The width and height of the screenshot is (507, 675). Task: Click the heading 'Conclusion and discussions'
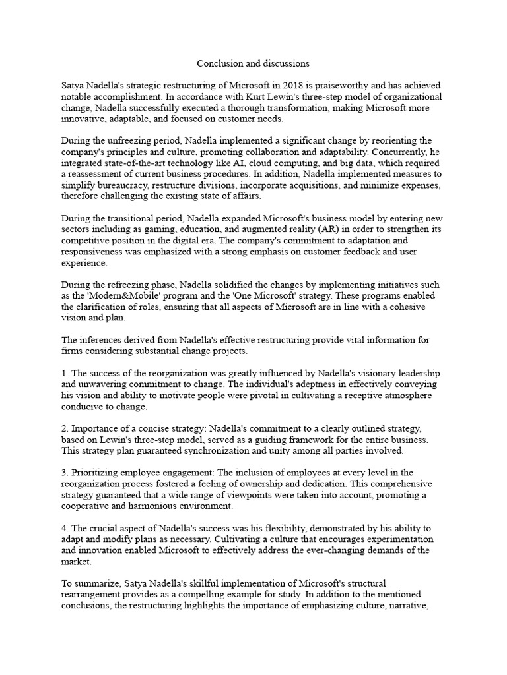(x=253, y=64)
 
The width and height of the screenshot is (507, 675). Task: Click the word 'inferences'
(x=103, y=340)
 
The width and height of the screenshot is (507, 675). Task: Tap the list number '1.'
(x=65, y=374)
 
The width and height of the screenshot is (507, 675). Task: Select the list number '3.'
(x=65, y=473)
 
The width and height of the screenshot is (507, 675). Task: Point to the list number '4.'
(x=65, y=529)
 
